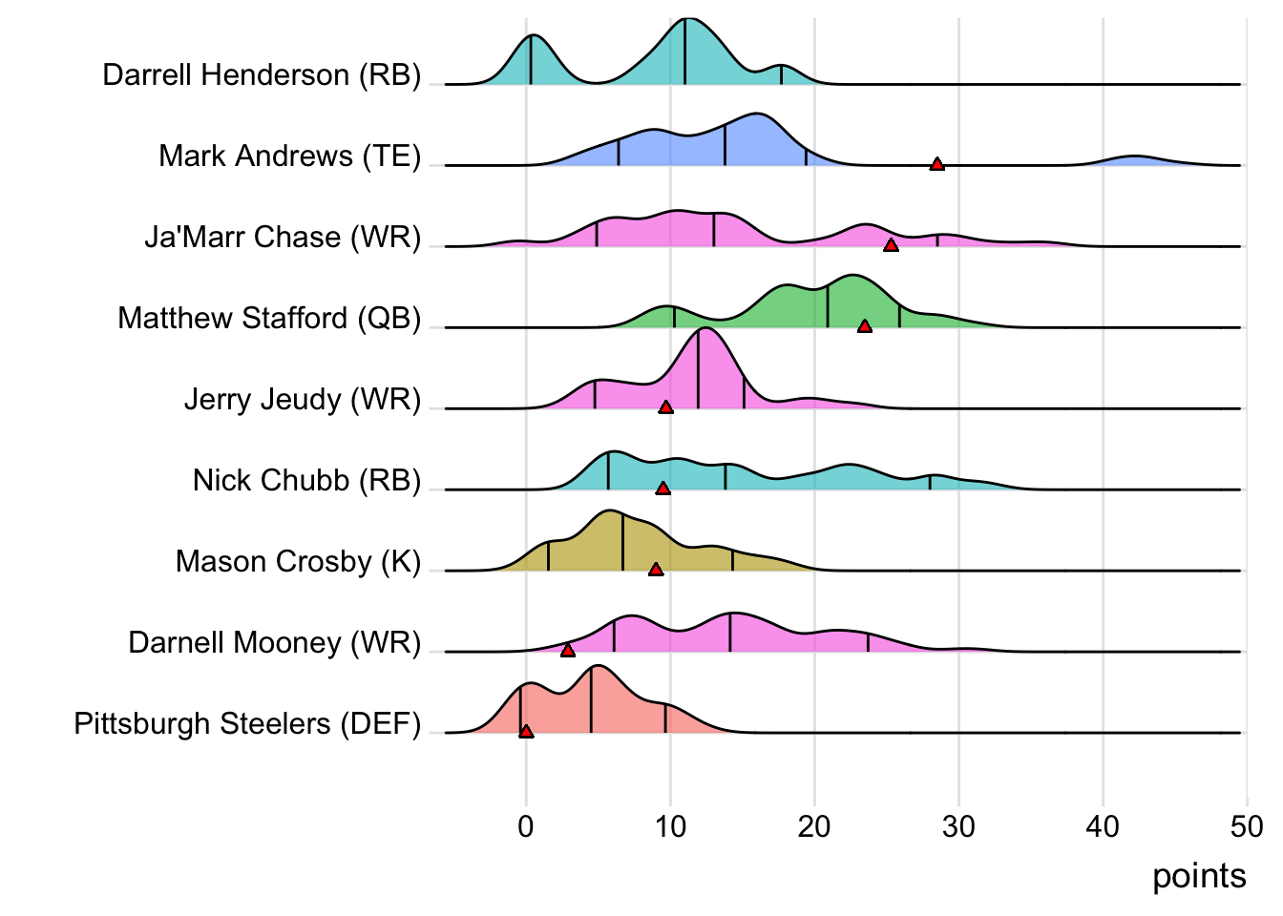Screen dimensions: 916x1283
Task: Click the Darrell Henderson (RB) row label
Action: click(262, 74)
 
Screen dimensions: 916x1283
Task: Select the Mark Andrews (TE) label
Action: click(289, 156)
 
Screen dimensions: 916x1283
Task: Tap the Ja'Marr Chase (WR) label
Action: click(283, 237)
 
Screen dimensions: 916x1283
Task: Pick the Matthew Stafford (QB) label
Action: click(269, 318)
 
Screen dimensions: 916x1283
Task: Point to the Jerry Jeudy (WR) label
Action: click(302, 399)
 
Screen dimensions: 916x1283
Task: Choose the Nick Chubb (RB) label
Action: click(306, 480)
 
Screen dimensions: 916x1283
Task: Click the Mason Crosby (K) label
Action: click(298, 561)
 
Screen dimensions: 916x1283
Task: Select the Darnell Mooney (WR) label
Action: click(274, 642)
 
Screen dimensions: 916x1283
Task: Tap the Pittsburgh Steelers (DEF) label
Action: click(247, 723)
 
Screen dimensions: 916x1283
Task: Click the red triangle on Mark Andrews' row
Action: click(937, 164)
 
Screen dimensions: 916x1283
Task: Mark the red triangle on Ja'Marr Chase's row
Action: click(891, 245)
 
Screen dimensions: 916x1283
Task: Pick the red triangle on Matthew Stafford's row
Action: click(865, 326)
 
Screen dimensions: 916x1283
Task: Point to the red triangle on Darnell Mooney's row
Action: click(568, 651)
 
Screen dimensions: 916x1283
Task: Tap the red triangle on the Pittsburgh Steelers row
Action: click(526, 732)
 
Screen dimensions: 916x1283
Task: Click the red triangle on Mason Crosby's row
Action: click(656, 570)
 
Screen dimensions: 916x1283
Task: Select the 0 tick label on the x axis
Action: click(526, 826)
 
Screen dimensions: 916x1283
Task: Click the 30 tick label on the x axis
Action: click(958, 826)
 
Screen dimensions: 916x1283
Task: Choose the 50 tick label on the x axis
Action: click(1246, 826)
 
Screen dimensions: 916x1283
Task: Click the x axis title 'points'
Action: click(1199, 876)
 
